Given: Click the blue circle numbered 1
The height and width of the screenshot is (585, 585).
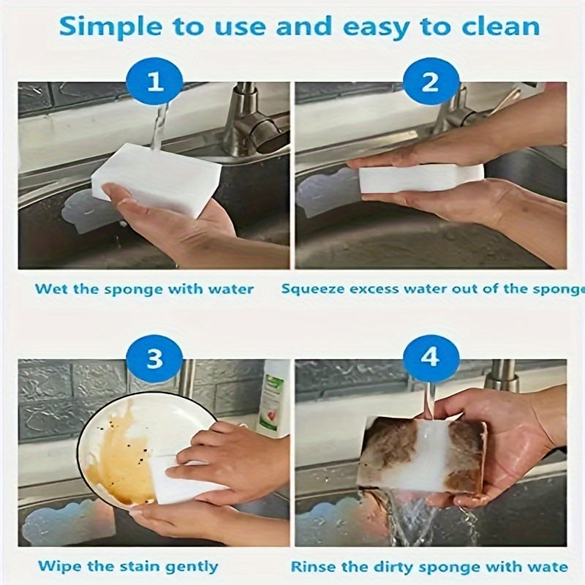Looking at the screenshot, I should click(x=155, y=82).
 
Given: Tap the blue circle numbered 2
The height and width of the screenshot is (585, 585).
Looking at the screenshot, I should click(x=430, y=82).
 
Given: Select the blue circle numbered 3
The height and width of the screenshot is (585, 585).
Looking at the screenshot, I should click(x=155, y=360).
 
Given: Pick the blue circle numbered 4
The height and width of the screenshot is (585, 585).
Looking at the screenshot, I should click(x=430, y=360).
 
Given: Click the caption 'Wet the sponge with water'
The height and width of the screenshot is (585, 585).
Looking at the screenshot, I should click(x=145, y=289).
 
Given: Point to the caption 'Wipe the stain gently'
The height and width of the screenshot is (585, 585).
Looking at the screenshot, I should click(x=128, y=566).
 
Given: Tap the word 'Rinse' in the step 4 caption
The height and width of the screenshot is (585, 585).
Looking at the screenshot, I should click(x=312, y=567).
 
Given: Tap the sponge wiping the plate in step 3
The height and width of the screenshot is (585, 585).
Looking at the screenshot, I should click(x=179, y=479).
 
